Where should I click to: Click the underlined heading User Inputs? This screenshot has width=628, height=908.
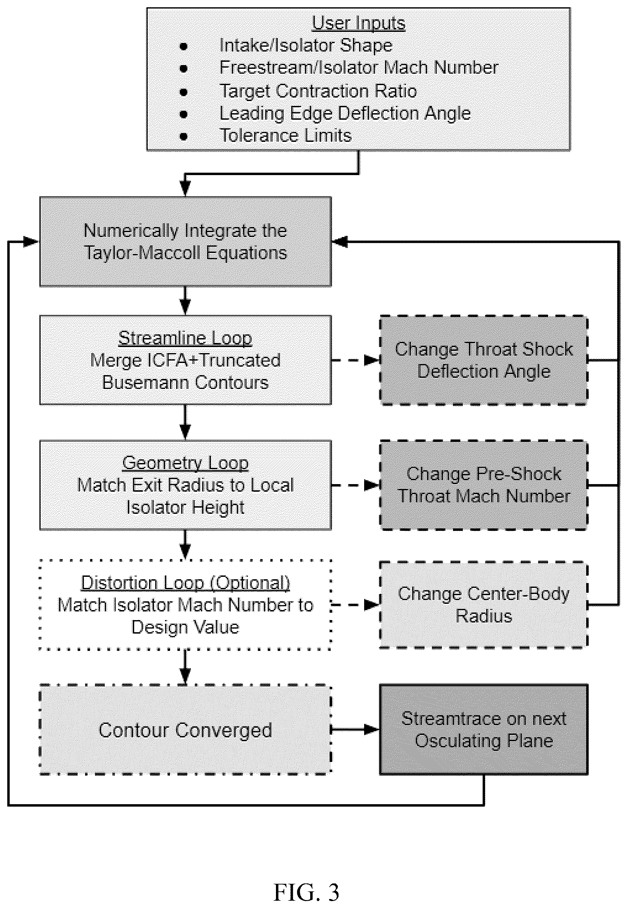pyautogui.click(x=359, y=23)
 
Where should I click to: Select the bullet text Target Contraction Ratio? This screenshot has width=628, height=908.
pyautogui.click(x=318, y=91)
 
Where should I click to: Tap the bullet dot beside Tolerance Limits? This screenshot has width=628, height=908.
pyautogui.click(x=183, y=137)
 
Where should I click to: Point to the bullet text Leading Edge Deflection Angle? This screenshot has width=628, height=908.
pyautogui.click(x=345, y=114)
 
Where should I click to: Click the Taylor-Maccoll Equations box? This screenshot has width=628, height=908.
pyautogui.click(x=185, y=242)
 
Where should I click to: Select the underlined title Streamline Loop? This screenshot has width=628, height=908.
pyautogui.click(x=185, y=338)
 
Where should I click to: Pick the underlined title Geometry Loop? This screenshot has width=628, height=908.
pyautogui.click(x=185, y=463)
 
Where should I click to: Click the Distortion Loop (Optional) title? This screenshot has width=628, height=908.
pyautogui.click(x=185, y=583)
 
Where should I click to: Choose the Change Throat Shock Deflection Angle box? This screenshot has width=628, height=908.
pyautogui.click(x=483, y=360)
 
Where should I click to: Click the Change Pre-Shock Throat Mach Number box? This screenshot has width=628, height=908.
pyautogui.click(x=483, y=485)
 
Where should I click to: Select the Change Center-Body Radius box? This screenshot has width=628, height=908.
pyautogui.click(x=483, y=605)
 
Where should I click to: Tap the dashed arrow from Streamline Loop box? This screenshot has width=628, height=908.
pyautogui.click(x=355, y=360)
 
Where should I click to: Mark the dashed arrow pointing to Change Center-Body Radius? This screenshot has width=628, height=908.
pyautogui.click(x=355, y=605)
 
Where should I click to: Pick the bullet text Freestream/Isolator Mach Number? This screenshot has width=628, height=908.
pyautogui.click(x=359, y=68)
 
